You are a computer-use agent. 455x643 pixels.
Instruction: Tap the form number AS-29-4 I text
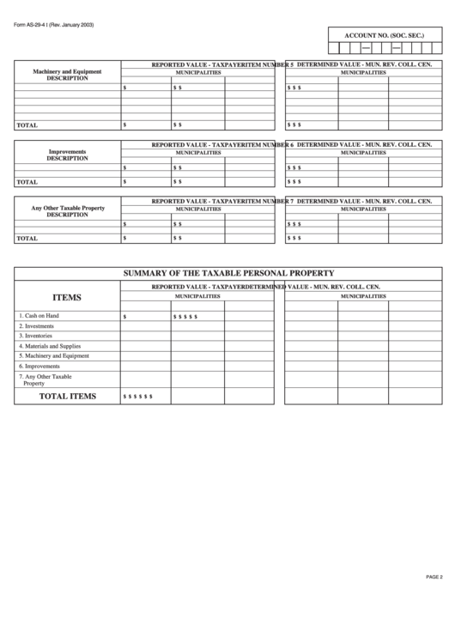[x=53, y=25]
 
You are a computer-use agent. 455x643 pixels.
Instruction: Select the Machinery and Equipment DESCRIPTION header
[x=67, y=75]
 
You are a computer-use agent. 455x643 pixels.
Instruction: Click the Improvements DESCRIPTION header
[x=67, y=155]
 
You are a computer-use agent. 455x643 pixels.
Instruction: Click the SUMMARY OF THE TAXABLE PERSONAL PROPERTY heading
[x=227, y=273]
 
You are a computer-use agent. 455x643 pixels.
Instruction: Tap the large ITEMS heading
[x=67, y=297]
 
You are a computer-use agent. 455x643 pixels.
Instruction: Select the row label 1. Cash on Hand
[x=39, y=316]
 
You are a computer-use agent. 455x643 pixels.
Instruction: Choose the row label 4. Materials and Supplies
[x=50, y=346]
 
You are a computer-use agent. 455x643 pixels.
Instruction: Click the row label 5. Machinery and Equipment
[x=53, y=355]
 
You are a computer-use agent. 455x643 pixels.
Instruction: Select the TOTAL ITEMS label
[x=69, y=396]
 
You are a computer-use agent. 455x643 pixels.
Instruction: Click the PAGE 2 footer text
[x=434, y=576]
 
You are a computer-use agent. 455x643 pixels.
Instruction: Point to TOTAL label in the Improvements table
[x=27, y=182]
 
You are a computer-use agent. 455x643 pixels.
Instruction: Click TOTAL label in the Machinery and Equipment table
[x=27, y=125]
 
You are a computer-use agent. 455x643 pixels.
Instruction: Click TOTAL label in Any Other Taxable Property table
[x=27, y=238]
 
